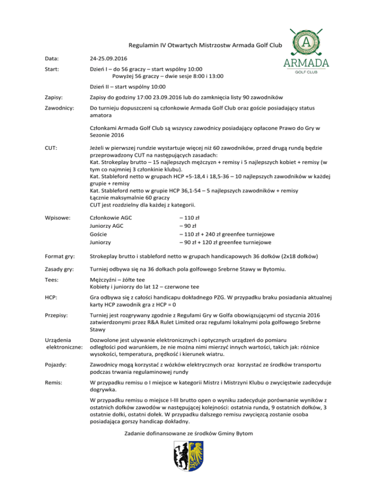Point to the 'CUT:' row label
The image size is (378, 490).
[50, 147]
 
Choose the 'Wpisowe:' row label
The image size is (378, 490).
[55, 217]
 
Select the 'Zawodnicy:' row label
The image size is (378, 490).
[57, 107]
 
